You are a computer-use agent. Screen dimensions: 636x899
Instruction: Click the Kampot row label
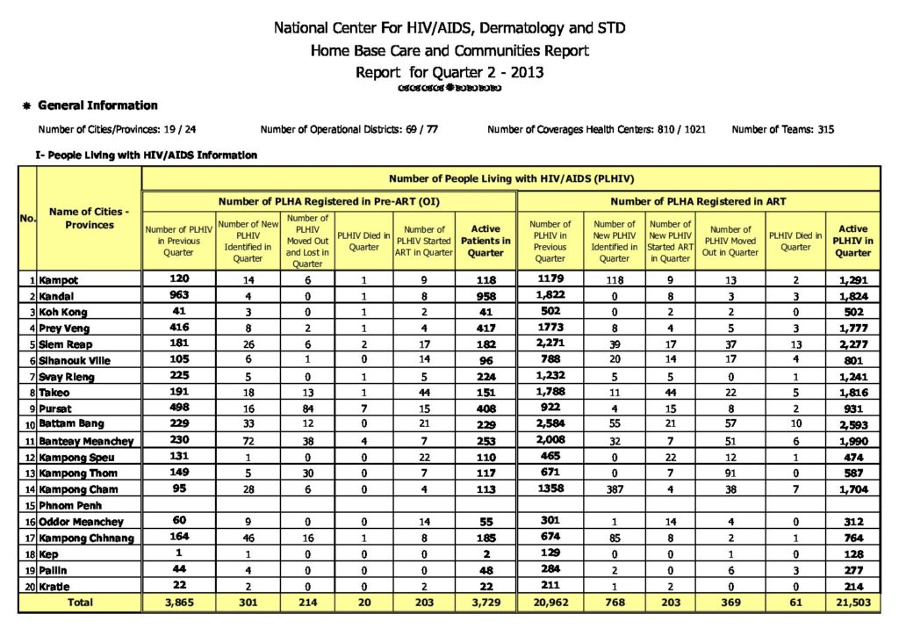click(59, 280)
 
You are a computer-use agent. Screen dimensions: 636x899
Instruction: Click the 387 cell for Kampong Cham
click(614, 488)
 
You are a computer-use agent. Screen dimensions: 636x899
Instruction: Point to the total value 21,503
click(852, 603)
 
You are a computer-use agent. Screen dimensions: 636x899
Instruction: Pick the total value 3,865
click(178, 603)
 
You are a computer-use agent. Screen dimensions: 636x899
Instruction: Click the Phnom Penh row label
click(70, 505)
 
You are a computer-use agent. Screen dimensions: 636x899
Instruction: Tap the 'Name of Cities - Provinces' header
click(89, 218)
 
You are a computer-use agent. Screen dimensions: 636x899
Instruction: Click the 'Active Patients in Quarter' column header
click(485, 241)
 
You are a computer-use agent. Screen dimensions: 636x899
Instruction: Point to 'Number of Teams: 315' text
click(782, 130)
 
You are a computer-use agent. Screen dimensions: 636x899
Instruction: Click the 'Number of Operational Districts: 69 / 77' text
click(349, 130)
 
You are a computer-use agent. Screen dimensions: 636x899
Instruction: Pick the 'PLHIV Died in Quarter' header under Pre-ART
click(363, 241)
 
